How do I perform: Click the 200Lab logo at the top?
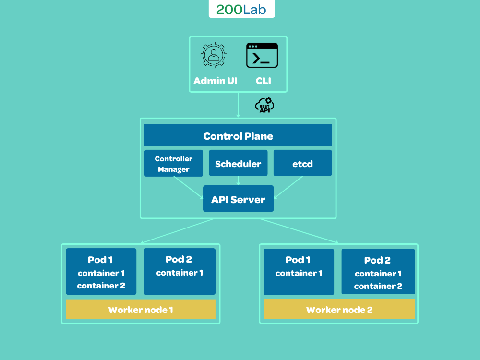pyautogui.click(x=241, y=10)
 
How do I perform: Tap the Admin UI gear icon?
pyautogui.click(x=214, y=55)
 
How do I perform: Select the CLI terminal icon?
pyautogui.click(x=262, y=55)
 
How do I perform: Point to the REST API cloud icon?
pyautogui.click(x=264, y=105)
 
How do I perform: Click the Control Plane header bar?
pyautogui.click(x=238, y=136)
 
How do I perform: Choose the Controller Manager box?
pyautogui.click(x=174, y=163)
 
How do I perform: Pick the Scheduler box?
pyautogui.click(x=238, y=163)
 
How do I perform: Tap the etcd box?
pyautogui.click(x=302, y=163)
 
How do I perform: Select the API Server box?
pyautogui.click(x=238, y=199)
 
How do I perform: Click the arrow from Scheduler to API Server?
pyautogui.click(x=238, y=180)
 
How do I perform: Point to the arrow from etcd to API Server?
pyautogui.click(x=288, y=187)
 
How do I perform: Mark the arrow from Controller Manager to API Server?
pyautogui.click(x=188, y=187)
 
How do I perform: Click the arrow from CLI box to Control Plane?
pyautogui.click(x=238, y=105)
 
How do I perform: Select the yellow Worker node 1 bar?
pyautogui.click(x=141, y=310)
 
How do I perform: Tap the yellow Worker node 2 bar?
pyautogui.click(x=339, y=309)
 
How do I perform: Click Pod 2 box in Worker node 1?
pyautogui.click(x=180, y=271)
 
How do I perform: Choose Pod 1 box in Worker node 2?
pyautogui.click(x=299, y=272)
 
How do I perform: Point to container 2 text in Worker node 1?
pyautogui.click(x=101, y=286)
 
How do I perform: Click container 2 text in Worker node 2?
pyautogui.click(x=378, y=286)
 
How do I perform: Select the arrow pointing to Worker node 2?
pyautogui.click(x=300, y=231)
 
